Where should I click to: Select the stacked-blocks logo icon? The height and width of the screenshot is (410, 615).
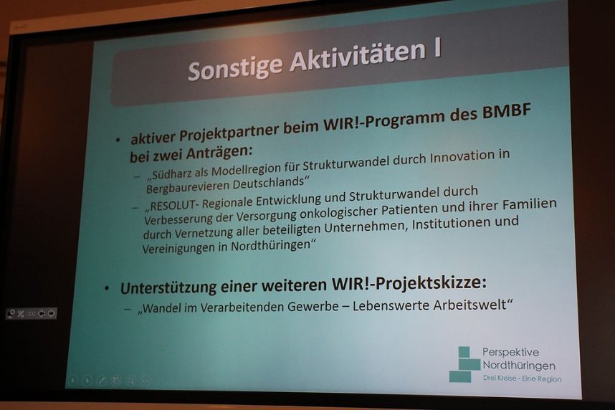pyautogui.click(x=464, y=364)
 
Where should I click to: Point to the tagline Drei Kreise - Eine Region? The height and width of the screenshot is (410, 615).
pyautogui.click(x=522, y=378)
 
